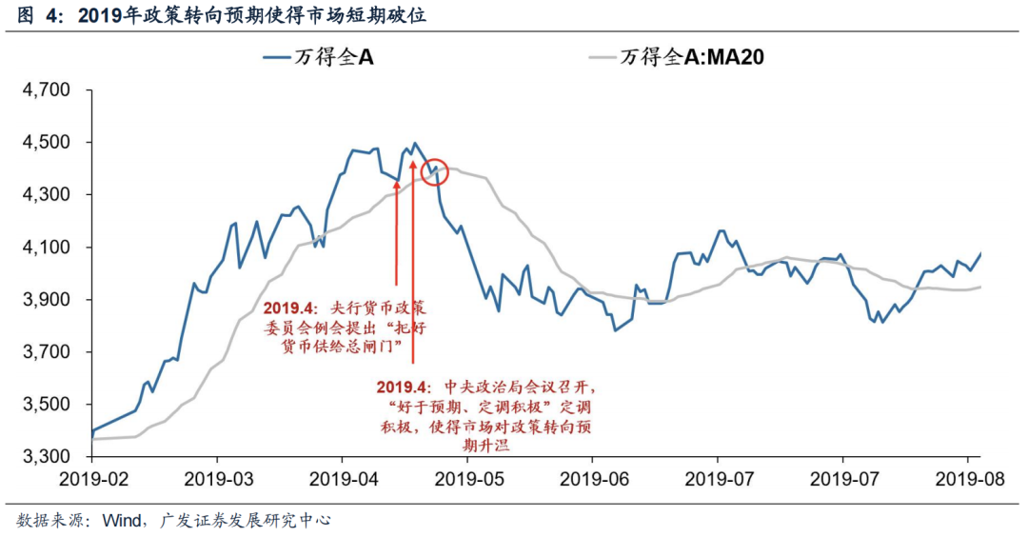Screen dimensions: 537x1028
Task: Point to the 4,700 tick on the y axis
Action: pyautogui.click(x=47, y=90)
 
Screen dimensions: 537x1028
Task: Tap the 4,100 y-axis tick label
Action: pyautogui.click(x=47, y=248)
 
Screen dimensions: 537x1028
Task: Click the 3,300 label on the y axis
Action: pyautogui.click(x=47, y=458)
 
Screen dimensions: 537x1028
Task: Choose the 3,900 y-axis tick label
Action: pyautogui.click(x=47, y=300)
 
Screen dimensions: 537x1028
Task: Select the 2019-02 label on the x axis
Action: pyautogui.click(x=91, y=476)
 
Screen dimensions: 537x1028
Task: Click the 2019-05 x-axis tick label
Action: pyautogui.click(x=467, y=476)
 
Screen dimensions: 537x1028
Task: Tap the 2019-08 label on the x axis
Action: pyautogui.click(x=968, y=476)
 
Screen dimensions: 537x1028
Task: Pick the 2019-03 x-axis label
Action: pyautogui.click(x=217, y=476)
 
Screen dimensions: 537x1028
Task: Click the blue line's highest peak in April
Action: pyautogui.click(x=415, y=143)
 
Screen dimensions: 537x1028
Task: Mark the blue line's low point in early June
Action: pyautogui.click(x=615, y=330)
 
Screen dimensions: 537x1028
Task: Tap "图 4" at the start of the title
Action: pyautogui.click(x=30, y=16)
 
